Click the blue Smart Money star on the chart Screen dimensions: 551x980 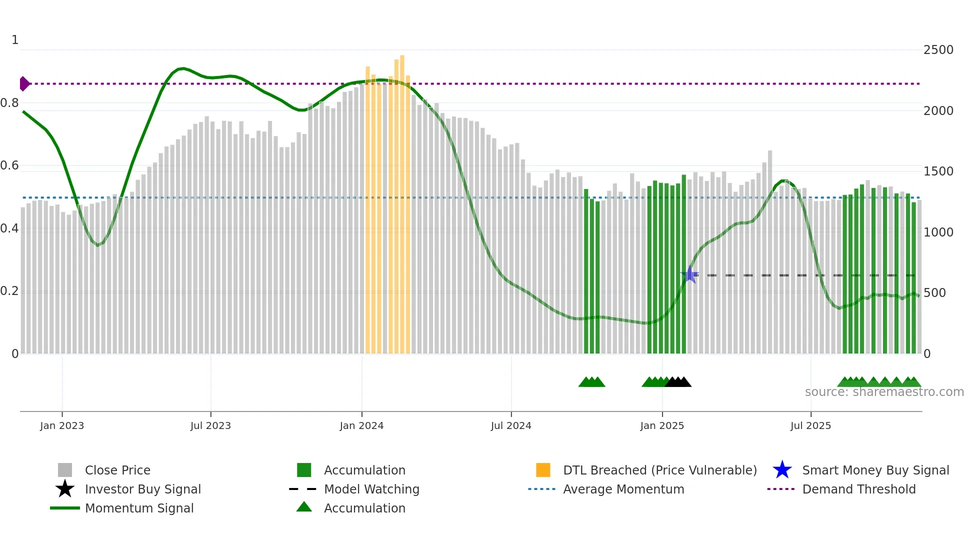click(x=690, y=274)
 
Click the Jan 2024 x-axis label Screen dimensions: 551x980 click(x=361, y=425)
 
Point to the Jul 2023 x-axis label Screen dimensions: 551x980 click(x=210, y=425)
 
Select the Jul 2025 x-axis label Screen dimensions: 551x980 click(x=810, y=425)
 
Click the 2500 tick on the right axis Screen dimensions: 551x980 click(x=938, y=49)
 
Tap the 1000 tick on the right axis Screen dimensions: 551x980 click(x=938, y=232)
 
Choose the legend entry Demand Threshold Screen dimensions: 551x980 click(x=858, y=489)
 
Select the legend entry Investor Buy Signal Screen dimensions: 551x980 click(x=142, y=489)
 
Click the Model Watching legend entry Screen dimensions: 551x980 click(x=371, y=489)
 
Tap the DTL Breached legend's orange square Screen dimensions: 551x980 click(x=543, y=470)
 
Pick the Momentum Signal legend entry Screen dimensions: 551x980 click(x=139, y=508)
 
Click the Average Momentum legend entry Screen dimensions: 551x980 click(x=623, y=489)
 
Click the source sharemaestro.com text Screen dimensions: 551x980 click(x=884, y=392)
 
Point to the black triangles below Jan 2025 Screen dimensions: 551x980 click(x=678, y=382)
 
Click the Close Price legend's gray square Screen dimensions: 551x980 click(x=65, y=470)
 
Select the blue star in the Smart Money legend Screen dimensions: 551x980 click(x=782, y=470)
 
